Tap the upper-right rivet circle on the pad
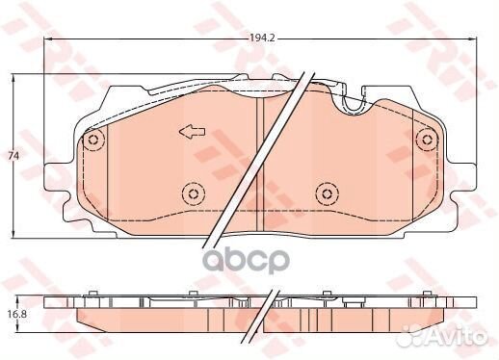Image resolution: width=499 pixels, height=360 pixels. [x=424, y=141]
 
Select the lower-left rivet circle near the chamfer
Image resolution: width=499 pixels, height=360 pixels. [x=193, y=195]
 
